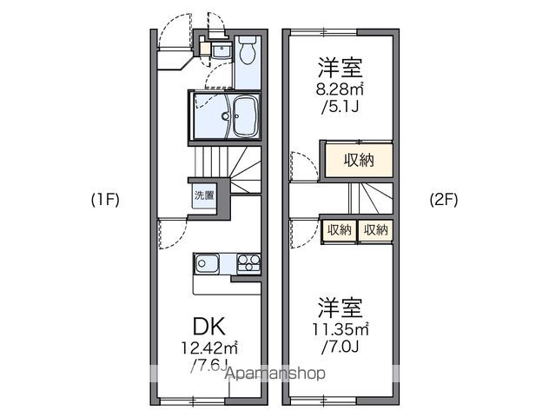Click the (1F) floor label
pos(105,199)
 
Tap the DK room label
pos(208,327)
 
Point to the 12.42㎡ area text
pos(209,347)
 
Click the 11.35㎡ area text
pos(341,328)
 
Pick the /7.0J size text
pos(341,346)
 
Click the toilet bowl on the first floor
pos(247,53)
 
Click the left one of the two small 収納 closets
pos(340,229)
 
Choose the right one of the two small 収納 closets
pos(376,229)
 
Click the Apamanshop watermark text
pos(275,374)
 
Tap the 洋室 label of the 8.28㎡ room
pos(341,66)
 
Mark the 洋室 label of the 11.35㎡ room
pos(341,307)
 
